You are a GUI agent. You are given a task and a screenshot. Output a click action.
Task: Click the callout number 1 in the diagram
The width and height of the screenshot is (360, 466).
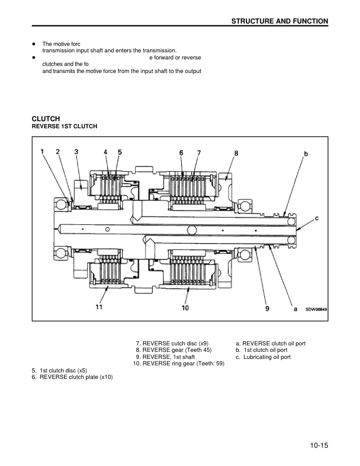point(43,152)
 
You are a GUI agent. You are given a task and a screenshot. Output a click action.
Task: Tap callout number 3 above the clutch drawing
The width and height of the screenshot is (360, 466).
point(76,152)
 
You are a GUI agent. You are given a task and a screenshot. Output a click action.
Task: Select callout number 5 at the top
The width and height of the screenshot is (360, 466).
point(119,152)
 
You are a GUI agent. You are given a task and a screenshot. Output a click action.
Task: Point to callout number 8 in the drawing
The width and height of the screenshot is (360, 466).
point(236,153)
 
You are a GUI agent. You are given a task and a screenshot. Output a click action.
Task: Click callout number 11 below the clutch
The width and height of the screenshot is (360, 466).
point(99,307)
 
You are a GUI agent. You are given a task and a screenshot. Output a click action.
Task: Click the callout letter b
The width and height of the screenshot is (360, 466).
point(306,154)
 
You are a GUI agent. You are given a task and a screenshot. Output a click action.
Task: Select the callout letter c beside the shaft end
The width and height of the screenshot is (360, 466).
point(317,218)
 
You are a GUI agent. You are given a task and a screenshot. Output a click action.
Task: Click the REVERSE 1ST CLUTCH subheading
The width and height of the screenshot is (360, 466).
point(64,127)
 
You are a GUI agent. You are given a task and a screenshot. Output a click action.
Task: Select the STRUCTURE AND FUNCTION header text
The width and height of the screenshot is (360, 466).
point(281,21)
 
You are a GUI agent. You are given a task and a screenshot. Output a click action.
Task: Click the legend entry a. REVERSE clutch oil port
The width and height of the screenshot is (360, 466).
point(271,343)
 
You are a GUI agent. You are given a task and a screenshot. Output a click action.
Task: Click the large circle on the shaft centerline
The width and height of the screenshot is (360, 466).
point(191,229)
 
